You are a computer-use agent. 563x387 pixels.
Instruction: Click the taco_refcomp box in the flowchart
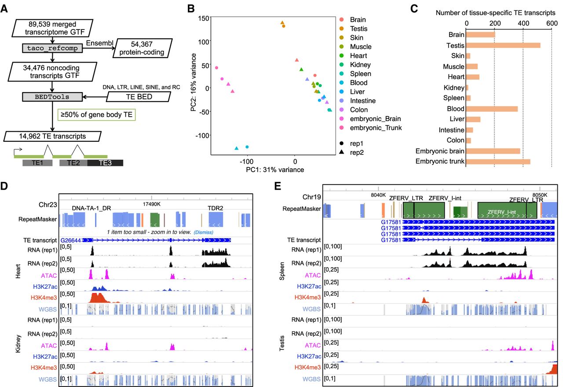tap(52, 48)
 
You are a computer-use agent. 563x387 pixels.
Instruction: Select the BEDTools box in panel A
tap(52, 97)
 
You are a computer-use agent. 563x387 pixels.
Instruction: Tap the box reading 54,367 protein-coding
tap(142, 48)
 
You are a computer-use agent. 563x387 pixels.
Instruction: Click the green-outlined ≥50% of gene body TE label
tap(96, 115)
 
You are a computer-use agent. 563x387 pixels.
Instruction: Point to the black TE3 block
tap(105, 163)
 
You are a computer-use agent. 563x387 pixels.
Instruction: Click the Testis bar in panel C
tap(503, 45)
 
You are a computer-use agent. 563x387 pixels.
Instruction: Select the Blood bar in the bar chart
tap(492, 109)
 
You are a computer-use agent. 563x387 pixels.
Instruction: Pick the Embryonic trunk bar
tap(498, 162)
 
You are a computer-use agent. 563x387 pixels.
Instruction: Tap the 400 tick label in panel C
tap(523, 23)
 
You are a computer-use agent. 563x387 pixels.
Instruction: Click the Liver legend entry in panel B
tap(352, 92)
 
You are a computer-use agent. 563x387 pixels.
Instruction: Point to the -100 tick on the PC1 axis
tap(247, 162)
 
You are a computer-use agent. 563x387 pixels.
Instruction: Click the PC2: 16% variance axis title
tap(193, 82)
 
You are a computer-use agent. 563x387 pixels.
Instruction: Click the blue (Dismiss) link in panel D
tap(203, 232)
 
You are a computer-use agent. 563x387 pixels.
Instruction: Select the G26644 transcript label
tap(71, 240)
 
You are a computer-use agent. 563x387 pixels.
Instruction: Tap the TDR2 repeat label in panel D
tap(216, 208)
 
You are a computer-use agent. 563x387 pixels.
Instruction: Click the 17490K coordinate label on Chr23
tap(152, 204)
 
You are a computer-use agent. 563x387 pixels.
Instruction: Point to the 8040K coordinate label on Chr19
tap(378, 195)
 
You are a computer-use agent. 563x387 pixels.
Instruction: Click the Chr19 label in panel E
tap(312, 197)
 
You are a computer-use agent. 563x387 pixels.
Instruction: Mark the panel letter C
tap(414, 9)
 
